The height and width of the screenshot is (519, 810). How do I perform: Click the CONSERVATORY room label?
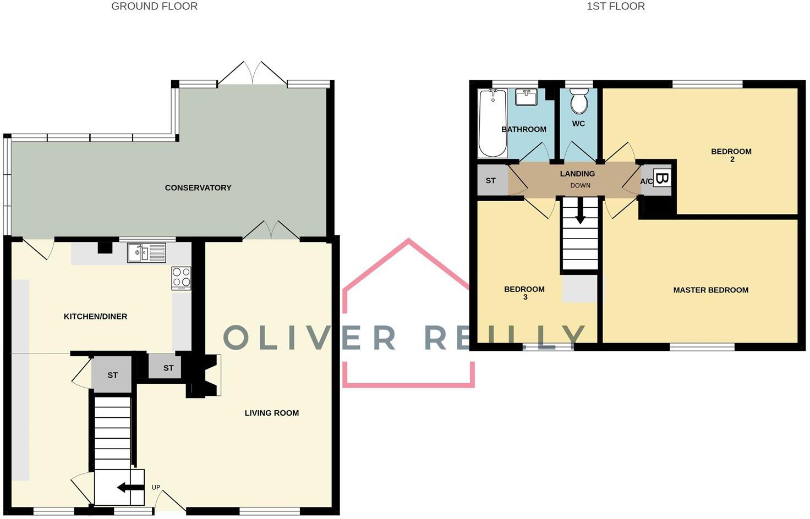[198, 188]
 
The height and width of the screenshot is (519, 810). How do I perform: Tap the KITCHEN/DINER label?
[95, 317]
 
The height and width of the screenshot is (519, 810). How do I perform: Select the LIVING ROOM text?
[271, 413]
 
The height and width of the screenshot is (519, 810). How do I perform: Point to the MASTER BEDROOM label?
[710, 290]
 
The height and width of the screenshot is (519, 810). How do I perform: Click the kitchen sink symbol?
[146, 253]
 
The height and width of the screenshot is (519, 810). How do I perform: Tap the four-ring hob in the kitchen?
[181, 278]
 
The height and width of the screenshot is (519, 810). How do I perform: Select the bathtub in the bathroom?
[492, 124]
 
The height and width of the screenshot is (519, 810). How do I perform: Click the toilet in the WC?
[578, 102]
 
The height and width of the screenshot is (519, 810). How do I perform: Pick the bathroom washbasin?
[526, 98]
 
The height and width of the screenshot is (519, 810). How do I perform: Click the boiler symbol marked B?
[662, 179]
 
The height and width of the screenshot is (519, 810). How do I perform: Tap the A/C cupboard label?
[647, 182]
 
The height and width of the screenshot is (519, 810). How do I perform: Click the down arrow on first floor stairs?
[580, 212]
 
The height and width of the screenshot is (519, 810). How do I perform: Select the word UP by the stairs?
[156, 488]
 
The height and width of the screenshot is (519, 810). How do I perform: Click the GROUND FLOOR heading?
[154, 7]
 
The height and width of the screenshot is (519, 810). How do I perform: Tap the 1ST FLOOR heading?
[615, 7]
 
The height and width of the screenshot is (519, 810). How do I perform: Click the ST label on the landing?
[490, 181]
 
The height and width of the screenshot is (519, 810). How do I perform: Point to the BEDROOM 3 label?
[524, 293]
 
